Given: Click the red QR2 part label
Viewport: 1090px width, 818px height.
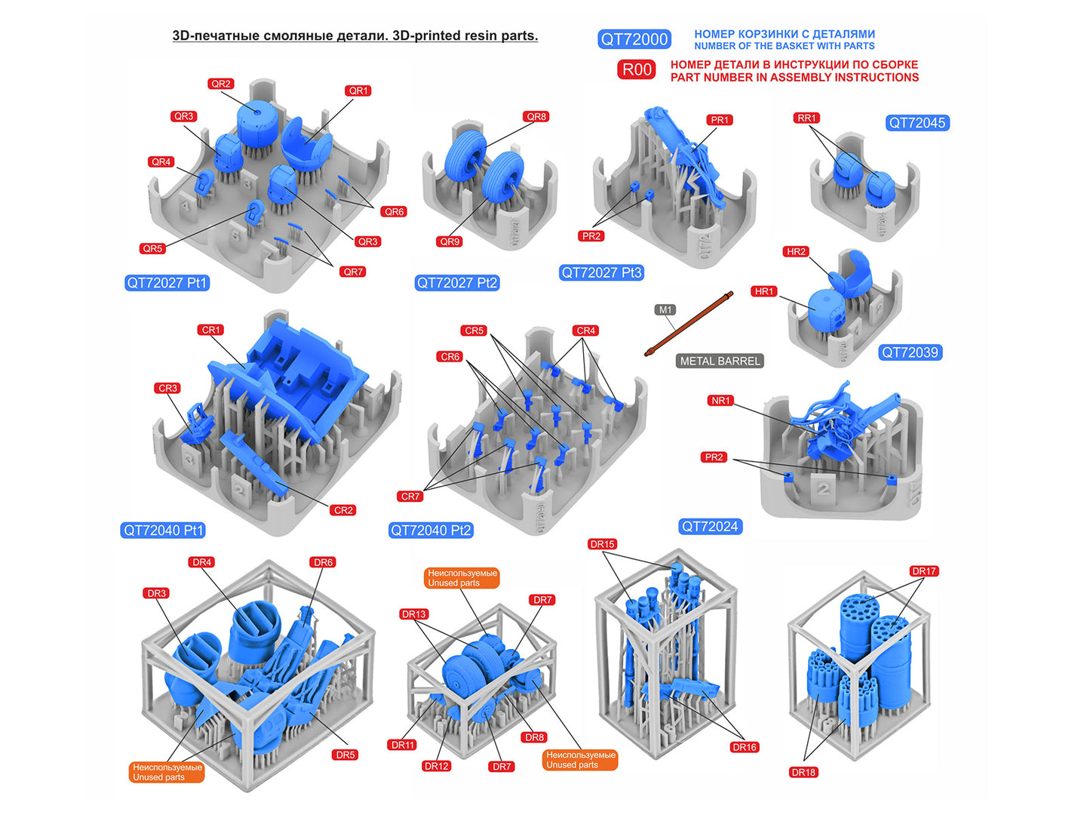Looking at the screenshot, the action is tap(221, 84).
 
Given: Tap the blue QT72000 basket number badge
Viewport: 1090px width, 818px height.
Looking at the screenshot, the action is tap(634, 39).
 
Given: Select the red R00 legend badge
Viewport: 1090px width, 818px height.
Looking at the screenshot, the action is tap(637, 69).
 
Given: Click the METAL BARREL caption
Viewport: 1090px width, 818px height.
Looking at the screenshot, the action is tap(720, 361).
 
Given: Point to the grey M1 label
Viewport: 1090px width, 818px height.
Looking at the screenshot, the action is tap(665, 310).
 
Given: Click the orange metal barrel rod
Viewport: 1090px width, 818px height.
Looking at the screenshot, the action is tap(689, 323).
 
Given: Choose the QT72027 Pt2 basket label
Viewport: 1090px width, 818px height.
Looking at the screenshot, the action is tap(457, 282).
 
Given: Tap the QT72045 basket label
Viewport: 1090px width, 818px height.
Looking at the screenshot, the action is tap(917, 123).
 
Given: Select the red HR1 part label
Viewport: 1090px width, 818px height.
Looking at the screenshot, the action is tap(764, 291).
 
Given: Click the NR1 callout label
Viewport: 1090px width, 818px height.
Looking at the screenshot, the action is tap(720, 400).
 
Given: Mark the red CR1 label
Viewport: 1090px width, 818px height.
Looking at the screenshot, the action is tap(210, 330).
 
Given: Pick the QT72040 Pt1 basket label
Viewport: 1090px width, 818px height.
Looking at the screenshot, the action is tap(163, 530).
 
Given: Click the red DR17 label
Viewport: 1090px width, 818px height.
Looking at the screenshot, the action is tap(923, 571).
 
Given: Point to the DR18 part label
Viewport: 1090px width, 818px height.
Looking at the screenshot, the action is tap(803, 772).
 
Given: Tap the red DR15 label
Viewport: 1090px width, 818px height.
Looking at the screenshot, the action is tap(603, 544).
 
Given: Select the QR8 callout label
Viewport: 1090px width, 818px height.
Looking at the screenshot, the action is tap(536, 117).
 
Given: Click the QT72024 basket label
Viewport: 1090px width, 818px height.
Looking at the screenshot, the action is tap(710, 527).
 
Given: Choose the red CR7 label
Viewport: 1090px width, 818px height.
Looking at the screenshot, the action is tap(410, 497).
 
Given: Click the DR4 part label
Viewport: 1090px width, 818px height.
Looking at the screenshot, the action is tap(202, 562).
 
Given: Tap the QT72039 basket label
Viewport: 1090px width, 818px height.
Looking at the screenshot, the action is tap(910, 352).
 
